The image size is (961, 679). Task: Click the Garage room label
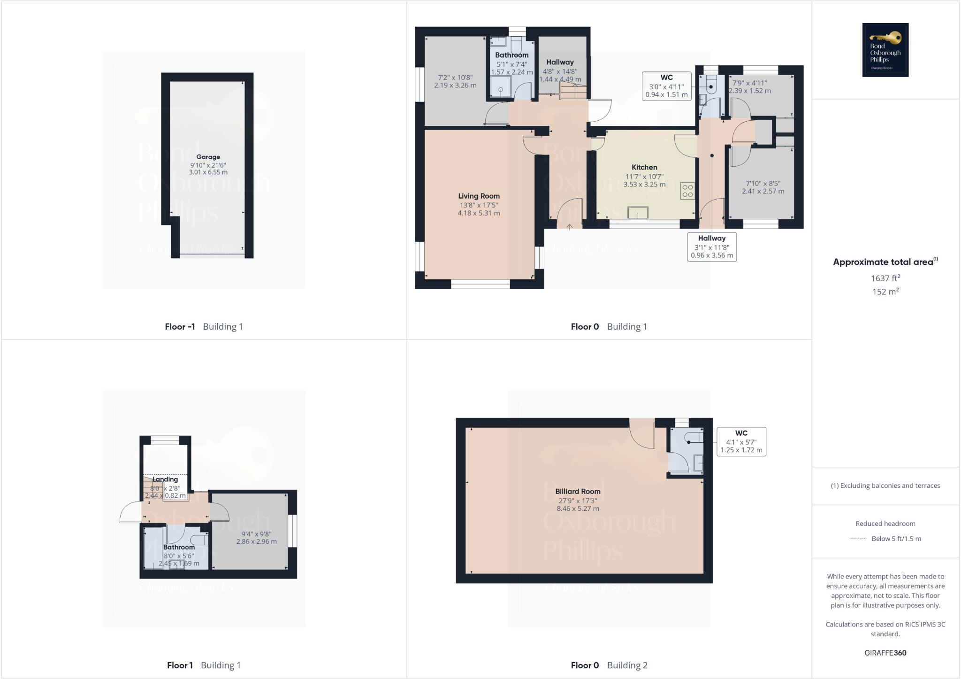pos(208,157)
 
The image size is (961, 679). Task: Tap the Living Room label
pos(479,196)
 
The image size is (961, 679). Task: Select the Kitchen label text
pos(644,167)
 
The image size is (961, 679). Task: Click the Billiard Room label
pos(578,491)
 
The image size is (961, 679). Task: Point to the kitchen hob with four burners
pos(687,191)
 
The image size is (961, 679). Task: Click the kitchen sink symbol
pos(638,213)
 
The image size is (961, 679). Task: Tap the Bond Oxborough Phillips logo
pos(885,50)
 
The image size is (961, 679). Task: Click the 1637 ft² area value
pos(885,278)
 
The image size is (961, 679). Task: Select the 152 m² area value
pos(885,292)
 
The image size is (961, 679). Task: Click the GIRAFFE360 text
pos(885,653)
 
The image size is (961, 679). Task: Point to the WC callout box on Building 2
pos(741,441)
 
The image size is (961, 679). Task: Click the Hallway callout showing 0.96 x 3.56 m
pos(712,247)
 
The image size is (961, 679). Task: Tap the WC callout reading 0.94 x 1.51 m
pos(666,86)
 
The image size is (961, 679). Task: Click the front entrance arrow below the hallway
pos(570,227)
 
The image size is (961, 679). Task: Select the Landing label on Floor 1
pos(165,479)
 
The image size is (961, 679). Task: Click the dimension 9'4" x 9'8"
pos(256,534)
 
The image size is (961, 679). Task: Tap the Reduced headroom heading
pos(885,524)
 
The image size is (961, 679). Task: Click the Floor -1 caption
pos(180,327)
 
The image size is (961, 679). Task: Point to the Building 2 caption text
pos(627,665)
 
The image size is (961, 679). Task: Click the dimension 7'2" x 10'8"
pos(455,77)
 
